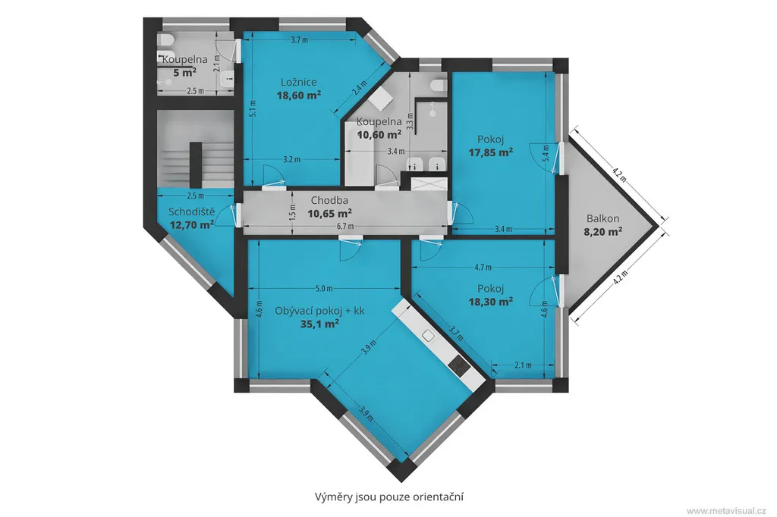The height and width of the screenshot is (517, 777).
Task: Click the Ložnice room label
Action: (298, 82)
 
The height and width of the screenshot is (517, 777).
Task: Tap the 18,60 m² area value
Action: (298, 95)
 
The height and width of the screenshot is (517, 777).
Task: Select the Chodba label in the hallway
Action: (329, 201)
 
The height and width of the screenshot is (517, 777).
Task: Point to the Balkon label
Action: (603, 218)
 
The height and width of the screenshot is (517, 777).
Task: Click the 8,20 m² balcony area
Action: (603, 230)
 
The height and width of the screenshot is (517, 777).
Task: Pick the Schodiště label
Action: (192, 212)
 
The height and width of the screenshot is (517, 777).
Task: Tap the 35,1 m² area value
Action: (319, 324)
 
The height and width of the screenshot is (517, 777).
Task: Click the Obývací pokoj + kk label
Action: (319, 311)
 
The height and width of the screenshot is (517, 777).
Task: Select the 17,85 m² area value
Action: (491, 152)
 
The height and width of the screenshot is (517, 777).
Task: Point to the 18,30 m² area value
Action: (491, 301)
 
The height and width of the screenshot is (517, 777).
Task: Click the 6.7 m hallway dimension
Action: (345, 227)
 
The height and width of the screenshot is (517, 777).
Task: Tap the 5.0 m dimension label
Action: (323, 289)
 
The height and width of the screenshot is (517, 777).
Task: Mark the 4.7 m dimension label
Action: (483, 268)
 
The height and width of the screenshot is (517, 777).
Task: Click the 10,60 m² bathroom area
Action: (379, 134)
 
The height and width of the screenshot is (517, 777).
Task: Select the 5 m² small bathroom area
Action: (184, 72)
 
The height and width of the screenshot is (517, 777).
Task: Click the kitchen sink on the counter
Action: (428, 336)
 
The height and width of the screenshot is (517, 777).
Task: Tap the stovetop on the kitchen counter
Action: (459, 365)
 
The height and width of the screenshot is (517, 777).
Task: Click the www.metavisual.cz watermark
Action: (726, 511)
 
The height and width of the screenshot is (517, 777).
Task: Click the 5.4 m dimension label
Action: (546, 152)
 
